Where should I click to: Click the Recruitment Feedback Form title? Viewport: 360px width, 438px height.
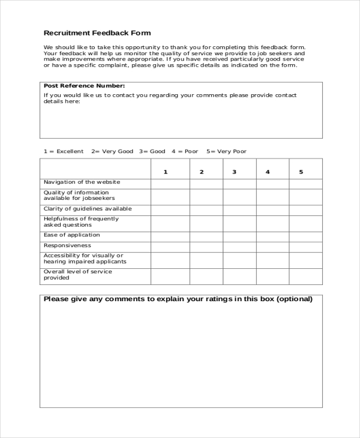[97, 32]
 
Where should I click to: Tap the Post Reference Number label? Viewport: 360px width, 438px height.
[84, 86]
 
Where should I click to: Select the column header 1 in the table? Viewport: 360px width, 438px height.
[166, 172]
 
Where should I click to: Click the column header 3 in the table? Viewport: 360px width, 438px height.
[235, 172]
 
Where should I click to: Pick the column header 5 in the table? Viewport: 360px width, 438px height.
[301, 172]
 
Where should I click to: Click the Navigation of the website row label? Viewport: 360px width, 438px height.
[82, 182]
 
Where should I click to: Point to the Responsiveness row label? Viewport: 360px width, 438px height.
[68, 245]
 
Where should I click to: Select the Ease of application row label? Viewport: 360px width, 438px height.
[72, 235]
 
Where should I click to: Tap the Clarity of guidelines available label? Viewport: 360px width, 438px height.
[88, 209]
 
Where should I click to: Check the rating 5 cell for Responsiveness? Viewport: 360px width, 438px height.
[305, 246]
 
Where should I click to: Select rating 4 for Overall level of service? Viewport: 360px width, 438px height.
[272, 276]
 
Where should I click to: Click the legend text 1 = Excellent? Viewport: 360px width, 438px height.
[64, 151]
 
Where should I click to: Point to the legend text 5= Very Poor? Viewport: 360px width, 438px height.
[226, 151]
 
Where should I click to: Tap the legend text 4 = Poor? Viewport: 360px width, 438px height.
[185, 151]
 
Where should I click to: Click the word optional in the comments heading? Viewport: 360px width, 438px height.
[294, 299]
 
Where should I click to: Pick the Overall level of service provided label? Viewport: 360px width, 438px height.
[78, 275]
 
